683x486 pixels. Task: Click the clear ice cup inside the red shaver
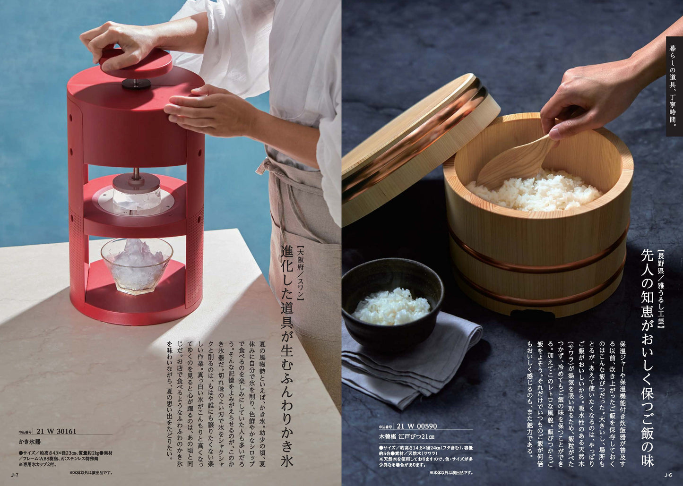137,194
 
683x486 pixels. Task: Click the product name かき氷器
30,442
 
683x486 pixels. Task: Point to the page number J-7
14,475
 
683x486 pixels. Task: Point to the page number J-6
668,475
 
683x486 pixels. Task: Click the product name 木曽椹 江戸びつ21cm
406,436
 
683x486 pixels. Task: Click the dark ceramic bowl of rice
392,302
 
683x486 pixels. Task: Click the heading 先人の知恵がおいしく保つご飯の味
646,359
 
